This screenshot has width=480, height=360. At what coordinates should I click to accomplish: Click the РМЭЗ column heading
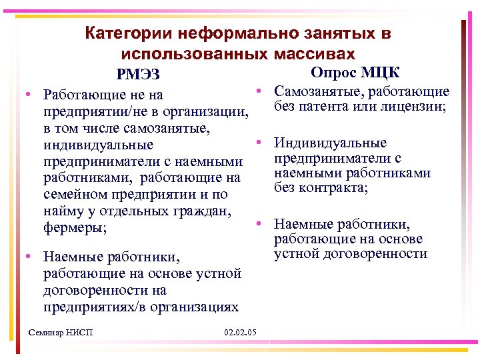137,74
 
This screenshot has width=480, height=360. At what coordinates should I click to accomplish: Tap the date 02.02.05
242,332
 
